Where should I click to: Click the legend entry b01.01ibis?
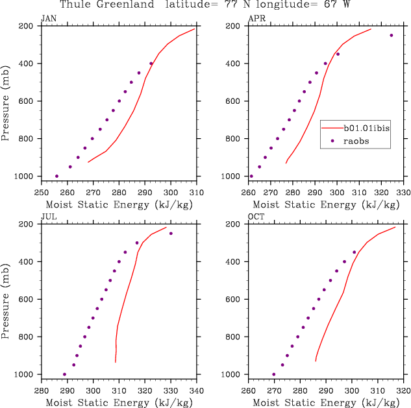coord(367,128)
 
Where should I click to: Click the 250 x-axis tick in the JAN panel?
coord(41,192)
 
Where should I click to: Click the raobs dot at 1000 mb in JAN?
coord(56,176)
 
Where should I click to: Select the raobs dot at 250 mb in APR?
coord(392,35)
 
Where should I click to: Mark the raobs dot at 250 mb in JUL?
coord(171,234)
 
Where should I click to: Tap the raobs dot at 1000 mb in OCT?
coord(273,374)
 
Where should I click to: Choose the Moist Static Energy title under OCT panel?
coord(325,402)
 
